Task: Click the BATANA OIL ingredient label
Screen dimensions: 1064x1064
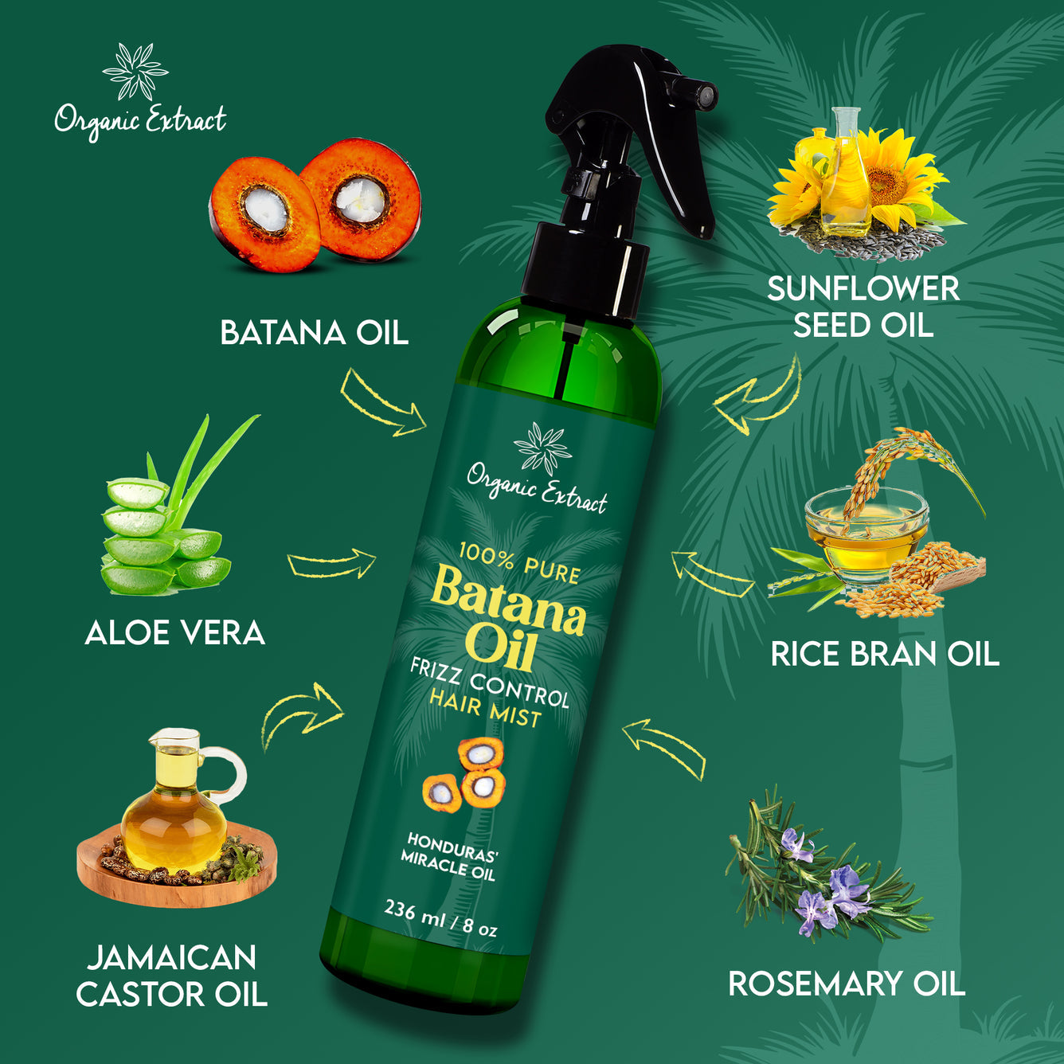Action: coord(314,333)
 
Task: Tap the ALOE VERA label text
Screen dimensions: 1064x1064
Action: coord(174,633)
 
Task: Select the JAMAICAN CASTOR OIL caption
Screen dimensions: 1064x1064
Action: coord(171,976)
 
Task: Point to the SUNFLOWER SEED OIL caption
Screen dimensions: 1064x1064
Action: coord(863,307)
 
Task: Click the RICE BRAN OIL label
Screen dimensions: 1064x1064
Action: coord(884,654)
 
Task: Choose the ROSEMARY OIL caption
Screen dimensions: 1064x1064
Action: coord(846,984)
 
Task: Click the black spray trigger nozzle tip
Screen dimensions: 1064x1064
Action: coord(704,96)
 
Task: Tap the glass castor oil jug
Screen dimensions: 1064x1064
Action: coord(175,804)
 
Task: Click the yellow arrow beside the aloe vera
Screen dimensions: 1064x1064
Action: coord(331,563)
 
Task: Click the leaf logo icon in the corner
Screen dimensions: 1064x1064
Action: coord(136,72)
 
